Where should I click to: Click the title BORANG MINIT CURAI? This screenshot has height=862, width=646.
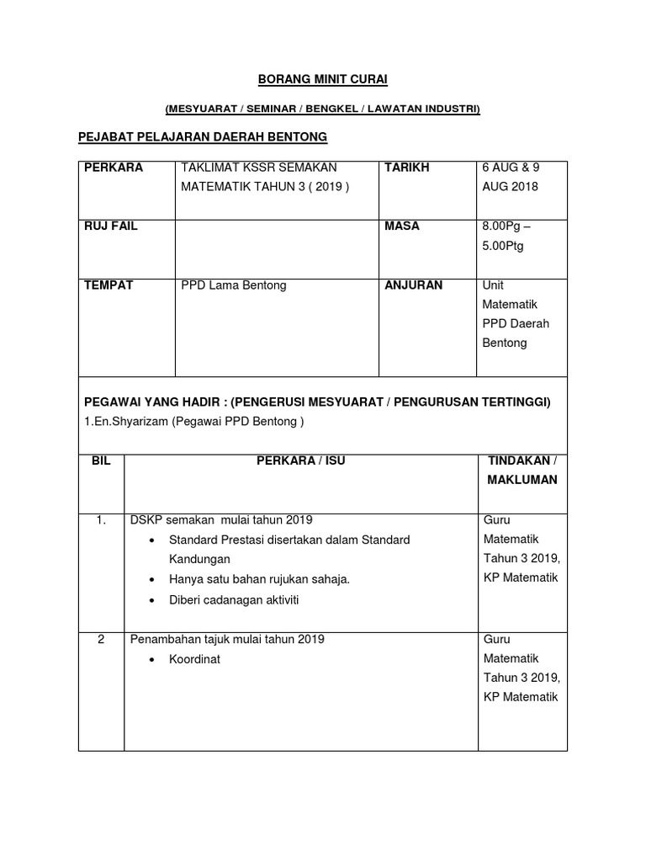click(323, 80)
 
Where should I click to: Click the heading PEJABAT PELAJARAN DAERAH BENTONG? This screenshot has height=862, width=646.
click(202, 136)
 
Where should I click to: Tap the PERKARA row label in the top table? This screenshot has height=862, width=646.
click(114, 168)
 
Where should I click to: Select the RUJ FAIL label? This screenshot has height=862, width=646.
click(111, 226)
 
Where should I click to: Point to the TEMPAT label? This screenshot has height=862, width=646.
click(109, 285)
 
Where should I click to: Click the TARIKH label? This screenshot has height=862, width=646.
click(407, 168)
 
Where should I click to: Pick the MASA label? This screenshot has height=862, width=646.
click(402, 226)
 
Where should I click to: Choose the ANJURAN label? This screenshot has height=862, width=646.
click(414, 285)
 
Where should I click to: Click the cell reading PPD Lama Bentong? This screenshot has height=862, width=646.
click(234, 285)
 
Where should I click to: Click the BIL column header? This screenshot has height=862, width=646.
click(101, 460)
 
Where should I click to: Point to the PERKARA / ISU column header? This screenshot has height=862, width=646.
click(301, 460)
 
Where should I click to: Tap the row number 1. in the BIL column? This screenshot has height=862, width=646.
click(101, 520)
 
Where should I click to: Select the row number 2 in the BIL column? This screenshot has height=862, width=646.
click(101, 640)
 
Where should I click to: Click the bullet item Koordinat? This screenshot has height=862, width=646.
click(194, 660)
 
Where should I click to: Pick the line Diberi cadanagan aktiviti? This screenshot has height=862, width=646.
click(234, 600)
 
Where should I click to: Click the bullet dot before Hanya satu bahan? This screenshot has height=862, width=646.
click(151, 580)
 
